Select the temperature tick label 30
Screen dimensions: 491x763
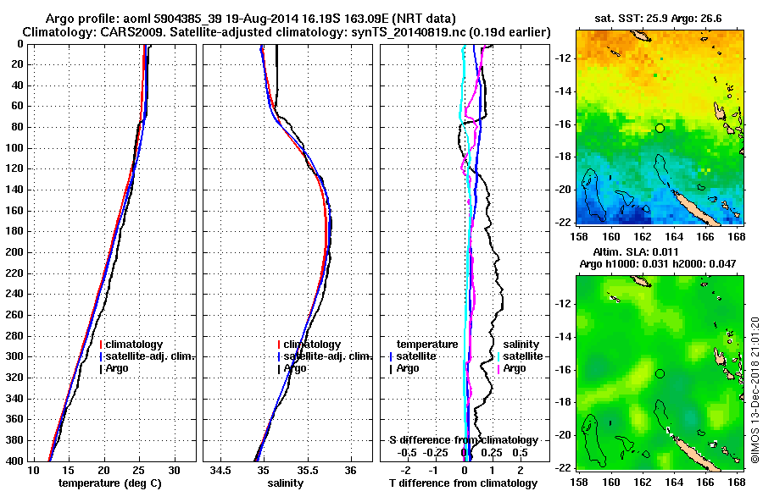(174, 471)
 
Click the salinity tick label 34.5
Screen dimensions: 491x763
(222, 471)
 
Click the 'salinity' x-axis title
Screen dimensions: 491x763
(285, 483)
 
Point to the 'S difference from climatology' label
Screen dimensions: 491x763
(463, 440)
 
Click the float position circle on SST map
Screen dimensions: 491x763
(660, 128)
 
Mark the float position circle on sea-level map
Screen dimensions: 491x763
(660, 373)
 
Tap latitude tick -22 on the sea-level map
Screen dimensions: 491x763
(563, 466)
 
